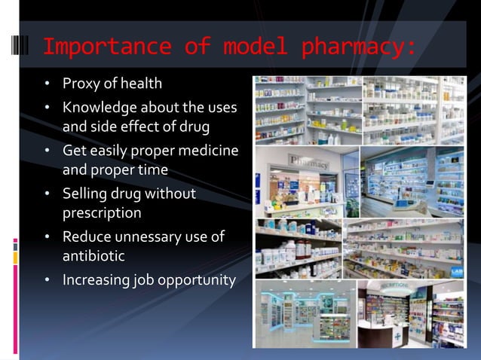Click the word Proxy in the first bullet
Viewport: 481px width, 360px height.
coord(81,82)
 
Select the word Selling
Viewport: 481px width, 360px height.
coord(85,194)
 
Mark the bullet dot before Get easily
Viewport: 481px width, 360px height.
coord(47,152)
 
